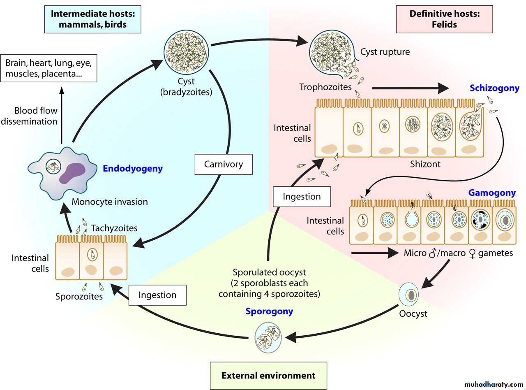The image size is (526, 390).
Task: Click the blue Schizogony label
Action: [x=495, y=88]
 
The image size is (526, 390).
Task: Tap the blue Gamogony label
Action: [x=492, y=193]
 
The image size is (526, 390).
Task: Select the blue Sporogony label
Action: [x=269, y=311]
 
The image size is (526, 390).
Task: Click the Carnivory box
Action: [x=224, y=164]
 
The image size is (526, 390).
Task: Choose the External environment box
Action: [x=268, y=375]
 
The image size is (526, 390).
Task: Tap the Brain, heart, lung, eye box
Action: [x=48, y=68]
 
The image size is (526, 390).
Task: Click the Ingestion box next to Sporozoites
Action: [x=157, y=295]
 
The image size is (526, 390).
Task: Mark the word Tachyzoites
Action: [x=114, y=228]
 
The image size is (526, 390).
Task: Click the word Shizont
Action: [x=425, y=164]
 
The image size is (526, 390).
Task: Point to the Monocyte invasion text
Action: [x=109, y=202]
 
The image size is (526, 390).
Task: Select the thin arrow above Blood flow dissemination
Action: [x=62, y=115]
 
